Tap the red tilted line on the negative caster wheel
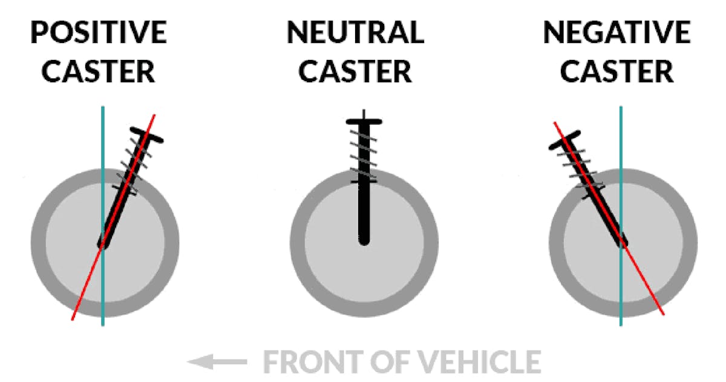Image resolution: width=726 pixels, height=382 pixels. pos(647,287)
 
